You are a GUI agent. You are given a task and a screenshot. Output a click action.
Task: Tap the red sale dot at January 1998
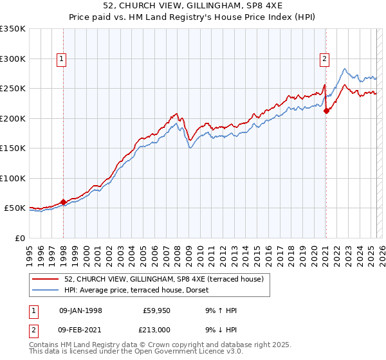64,202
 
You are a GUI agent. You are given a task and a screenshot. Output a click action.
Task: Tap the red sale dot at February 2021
326,111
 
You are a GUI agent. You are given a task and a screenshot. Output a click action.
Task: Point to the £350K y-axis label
13,29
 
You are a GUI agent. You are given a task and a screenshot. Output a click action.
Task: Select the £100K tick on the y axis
13,178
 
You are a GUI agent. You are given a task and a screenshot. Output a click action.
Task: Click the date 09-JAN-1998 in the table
80,310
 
